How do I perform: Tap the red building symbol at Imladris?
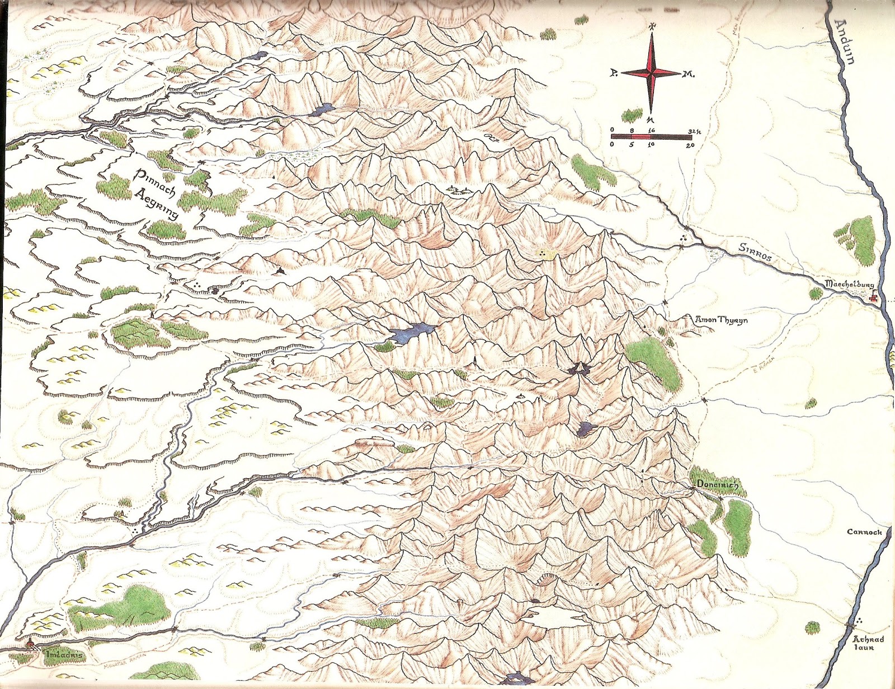29,645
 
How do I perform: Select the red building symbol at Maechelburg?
874,299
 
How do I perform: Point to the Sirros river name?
755,252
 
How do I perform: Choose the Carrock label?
864,532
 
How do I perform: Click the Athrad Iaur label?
868,643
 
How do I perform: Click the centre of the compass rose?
651,73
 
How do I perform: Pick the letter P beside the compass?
614,73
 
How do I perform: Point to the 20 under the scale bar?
690,145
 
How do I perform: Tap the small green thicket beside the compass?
633,116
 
